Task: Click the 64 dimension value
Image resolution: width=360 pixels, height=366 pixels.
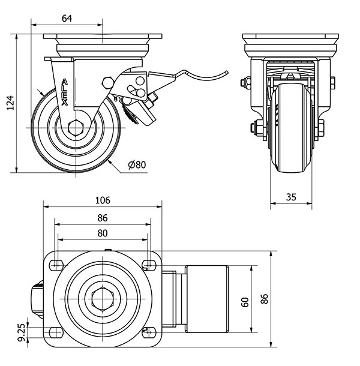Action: pos(67,19)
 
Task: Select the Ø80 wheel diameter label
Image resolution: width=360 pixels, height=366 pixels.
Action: pos(137,164)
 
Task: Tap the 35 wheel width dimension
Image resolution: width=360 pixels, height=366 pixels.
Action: pos(292,196)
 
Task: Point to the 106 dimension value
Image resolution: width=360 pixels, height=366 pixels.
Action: pos(103,200)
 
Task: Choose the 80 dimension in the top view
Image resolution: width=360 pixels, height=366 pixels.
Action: pos(103,233)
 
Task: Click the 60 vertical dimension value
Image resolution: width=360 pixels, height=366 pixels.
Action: pos(245,301)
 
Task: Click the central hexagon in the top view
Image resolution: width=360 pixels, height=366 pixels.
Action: pos(103,299)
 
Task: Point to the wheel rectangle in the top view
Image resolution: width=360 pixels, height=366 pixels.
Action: pos(205,299)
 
